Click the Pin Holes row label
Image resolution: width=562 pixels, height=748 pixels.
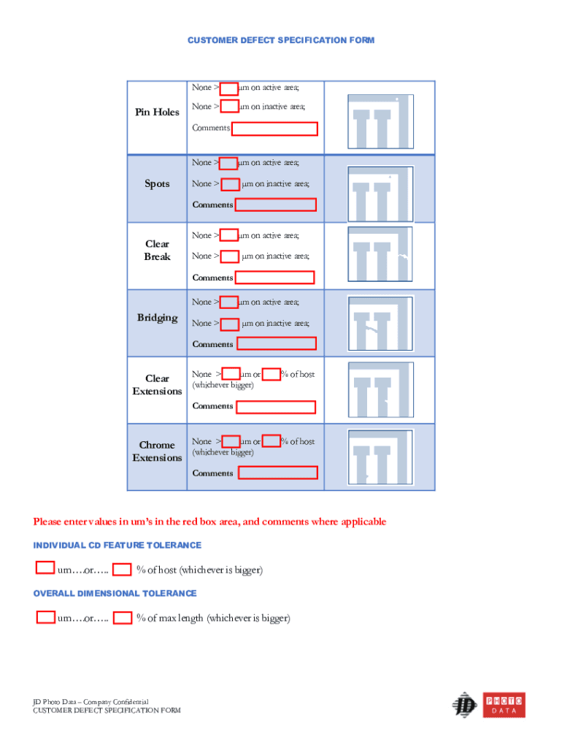point(157,112)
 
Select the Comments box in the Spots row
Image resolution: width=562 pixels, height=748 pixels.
point(276,205)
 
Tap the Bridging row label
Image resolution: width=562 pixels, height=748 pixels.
point(157,318)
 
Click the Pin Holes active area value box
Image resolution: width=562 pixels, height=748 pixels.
point(229,88)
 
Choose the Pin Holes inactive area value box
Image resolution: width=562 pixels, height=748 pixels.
point(229,107)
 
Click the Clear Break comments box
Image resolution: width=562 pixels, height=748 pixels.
point(275,278)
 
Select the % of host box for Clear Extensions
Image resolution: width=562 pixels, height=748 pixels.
point(272,375)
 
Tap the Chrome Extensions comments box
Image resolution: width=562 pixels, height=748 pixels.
point(278,473)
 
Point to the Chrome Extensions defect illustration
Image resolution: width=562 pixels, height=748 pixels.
point(380,457)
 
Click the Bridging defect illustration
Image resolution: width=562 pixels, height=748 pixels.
point(380,324)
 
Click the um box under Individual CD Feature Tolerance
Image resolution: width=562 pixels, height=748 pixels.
point(45,568)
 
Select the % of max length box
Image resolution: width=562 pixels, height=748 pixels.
point(123,618)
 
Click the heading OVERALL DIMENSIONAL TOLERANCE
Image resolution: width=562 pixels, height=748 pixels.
point(115,594)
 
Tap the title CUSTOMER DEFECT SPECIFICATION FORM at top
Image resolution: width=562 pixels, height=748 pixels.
point(281,40)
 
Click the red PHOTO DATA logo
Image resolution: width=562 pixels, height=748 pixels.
point(504,706)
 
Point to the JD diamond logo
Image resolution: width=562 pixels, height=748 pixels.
point(464,705)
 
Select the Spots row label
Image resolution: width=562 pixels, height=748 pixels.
point(157,184)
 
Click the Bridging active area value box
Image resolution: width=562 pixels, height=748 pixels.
point(229,302)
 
